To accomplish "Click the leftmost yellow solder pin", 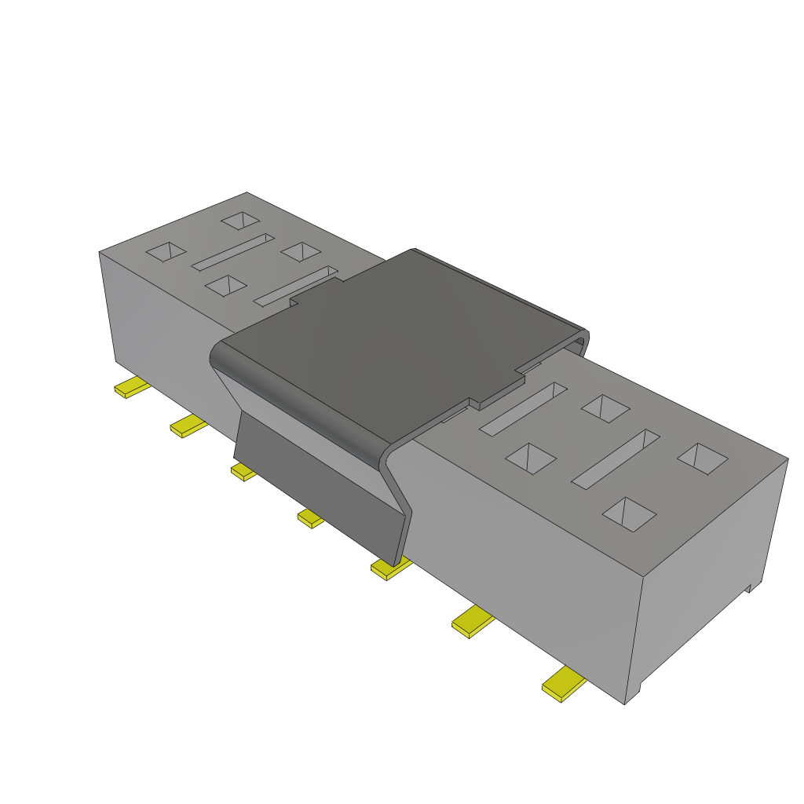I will click(132, 388).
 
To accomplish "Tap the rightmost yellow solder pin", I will click(564, 684).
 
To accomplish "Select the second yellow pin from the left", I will click(188, 427).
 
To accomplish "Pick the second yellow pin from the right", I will click(473, 622).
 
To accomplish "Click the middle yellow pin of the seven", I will click(310, 517).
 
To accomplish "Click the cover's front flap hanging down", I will click(322, 487).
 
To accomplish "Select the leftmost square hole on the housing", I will click(166, 251).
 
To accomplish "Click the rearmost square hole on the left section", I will click(240, 221).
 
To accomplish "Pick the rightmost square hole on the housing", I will click(703, 459).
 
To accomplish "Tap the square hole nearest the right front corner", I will click(629, 514).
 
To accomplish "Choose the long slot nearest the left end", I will click(232, 251).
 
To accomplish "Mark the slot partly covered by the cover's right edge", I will click(523, 408).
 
